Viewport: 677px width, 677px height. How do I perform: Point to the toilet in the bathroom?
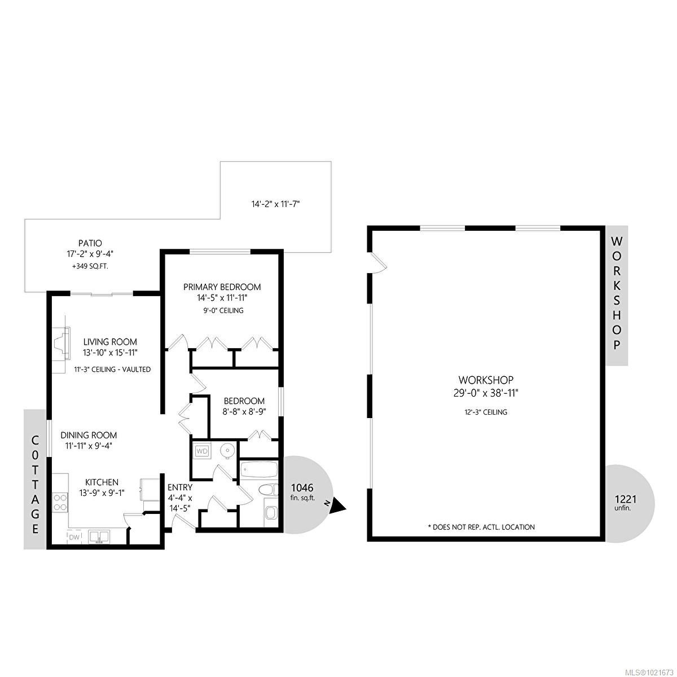pyautogui.click(x=267, y=490)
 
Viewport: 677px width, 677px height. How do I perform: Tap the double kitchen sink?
pyautogui.click(x=99, y=537)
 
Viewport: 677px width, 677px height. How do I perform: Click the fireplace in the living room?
pyautogui.click(x=61, y=342)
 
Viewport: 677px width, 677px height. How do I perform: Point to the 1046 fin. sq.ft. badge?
pyautogui.click(x=302, y=492)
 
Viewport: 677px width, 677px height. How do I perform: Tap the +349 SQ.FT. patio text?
pyautogui.click(x=91, y=266)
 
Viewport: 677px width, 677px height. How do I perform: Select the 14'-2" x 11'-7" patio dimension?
pyautogui.click(x=275, y=204)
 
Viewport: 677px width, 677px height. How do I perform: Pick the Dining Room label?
pyautogui.click(x=89, y=435)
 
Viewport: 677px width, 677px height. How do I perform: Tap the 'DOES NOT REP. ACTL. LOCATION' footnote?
pyautogui.click(x=481, y=527)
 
